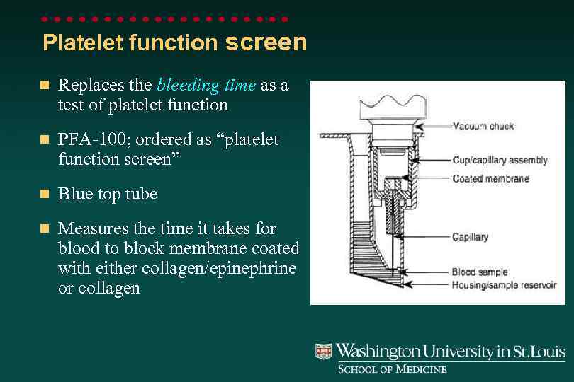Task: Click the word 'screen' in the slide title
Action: (x=266, y=42)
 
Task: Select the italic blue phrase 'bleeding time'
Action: (x=206, y=86)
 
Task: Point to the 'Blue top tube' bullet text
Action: (x=108, y=194)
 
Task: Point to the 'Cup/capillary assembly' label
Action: (x=500, y=161)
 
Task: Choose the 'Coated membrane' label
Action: (x=490, y=178)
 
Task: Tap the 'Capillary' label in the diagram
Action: (x=470, y=237)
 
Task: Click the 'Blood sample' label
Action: (x=480, y=272)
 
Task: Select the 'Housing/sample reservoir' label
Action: (x=504, y=285)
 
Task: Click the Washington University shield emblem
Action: (x=324, y=352)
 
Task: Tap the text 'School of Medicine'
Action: (x=392, y=369)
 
